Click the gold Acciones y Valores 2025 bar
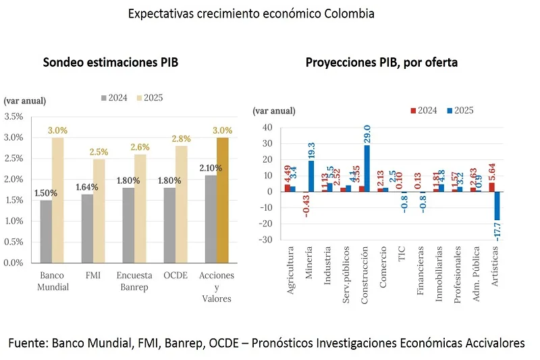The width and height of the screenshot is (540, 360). [x=223, y=200]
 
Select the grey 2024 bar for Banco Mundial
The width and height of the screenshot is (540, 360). [x=46, y=231]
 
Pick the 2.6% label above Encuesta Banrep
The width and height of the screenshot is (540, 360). [x=140, y=147]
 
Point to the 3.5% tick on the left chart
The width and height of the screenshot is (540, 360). [x=13, y=117]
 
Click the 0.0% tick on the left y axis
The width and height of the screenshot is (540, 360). [x=13, y=263]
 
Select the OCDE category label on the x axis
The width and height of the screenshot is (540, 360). [x=175, y=276]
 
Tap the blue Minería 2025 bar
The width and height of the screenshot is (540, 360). [x=311, y=176]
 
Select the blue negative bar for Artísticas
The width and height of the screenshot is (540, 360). [x=497, y=205]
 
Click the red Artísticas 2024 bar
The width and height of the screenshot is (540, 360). [x=491, y=187]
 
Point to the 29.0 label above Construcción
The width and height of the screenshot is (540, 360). [x=367, y=135]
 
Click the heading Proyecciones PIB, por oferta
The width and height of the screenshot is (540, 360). [x=381, y=63]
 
